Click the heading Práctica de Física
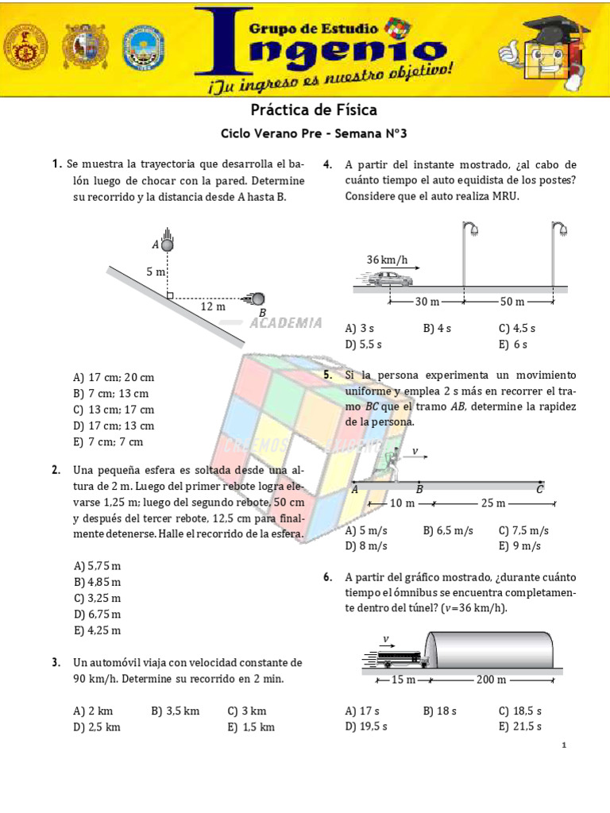pos(314,110)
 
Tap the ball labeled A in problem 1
pos(167,245)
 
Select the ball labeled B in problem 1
pos(258,299)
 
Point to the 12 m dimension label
pos(212,306)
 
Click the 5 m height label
pos(156,272)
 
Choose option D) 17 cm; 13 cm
pos(114,426)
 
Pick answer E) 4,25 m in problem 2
pos(97,630)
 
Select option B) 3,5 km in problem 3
pos(175,711)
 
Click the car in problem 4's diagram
pos(386,279)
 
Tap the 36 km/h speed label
pos(387,260)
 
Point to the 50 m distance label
pos(512,302)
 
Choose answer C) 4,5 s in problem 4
pos(517,328)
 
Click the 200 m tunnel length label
pos(491,680)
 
